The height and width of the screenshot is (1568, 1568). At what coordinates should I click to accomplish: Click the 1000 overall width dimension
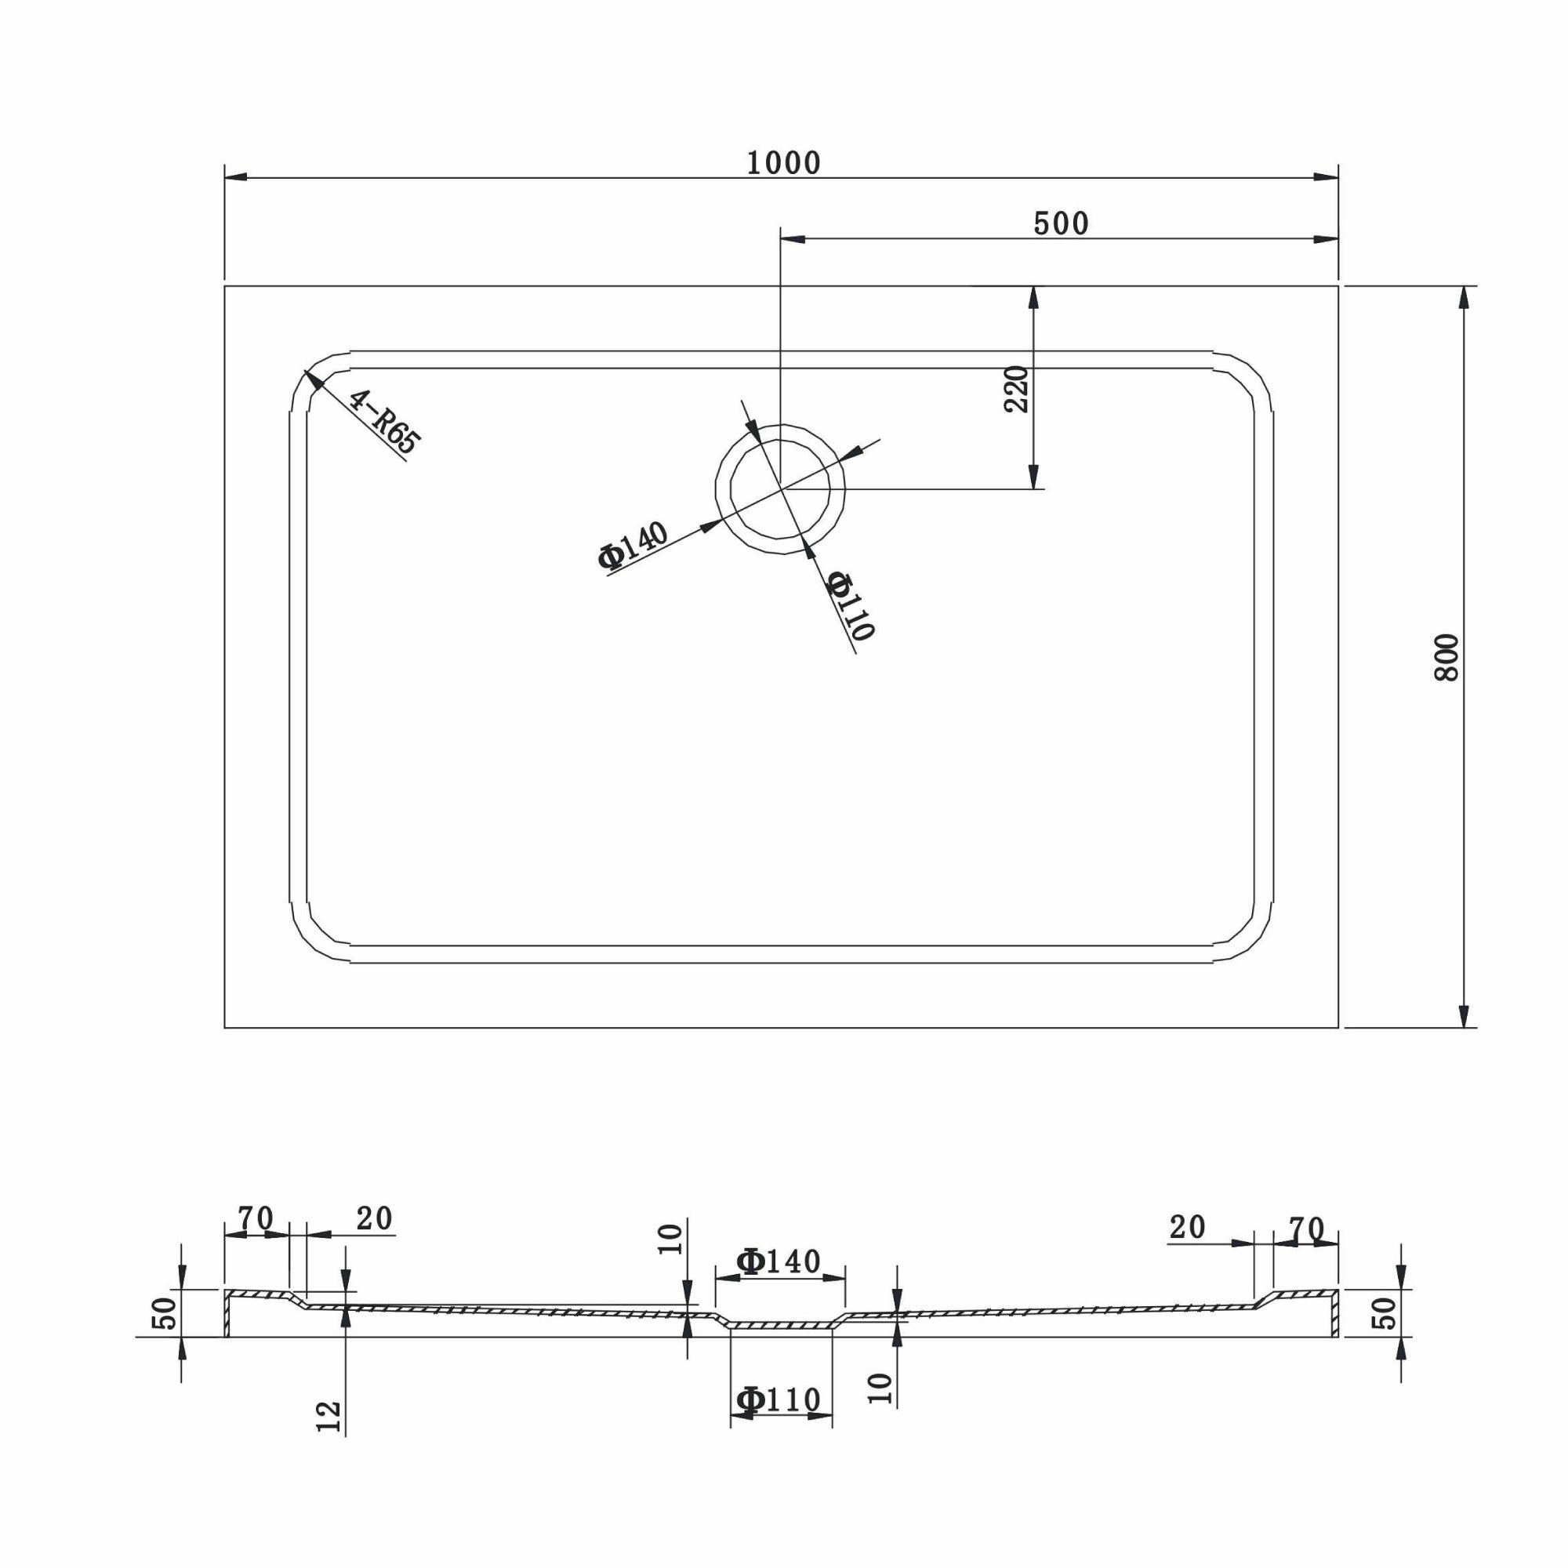[x=783, y=163]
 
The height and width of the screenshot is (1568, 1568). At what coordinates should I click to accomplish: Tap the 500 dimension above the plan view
[x=1061, y=223]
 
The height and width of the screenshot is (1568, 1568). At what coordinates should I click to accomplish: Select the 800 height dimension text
[x=1447, y=658]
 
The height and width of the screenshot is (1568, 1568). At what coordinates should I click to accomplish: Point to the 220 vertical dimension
[x=1016, y=390]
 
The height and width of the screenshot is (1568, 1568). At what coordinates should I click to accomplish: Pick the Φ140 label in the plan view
[x=633, y=545]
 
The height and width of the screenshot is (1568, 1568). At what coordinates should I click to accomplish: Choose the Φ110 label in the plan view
[x=850, y=605]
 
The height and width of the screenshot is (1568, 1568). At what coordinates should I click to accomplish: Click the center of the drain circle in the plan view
[x=780, y=489]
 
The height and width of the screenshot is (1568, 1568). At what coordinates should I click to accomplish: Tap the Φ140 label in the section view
[x=779, y=1261]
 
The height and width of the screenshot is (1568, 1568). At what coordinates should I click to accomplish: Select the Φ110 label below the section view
[x=779, y=1400]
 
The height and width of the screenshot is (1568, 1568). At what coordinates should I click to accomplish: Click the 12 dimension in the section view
[x=328, y=1416]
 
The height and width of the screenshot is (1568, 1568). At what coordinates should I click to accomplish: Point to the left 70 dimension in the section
[x=255, y=1219]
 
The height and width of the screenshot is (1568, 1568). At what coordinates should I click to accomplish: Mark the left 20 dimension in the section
[x=374, y=1219]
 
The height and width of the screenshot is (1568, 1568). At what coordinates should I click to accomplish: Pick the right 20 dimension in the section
[x=1187, y=1228]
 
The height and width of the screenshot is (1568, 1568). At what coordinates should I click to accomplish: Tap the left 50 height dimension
[x=165, y=1313]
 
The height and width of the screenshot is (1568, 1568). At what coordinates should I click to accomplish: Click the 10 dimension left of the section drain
[x=671, y=1240]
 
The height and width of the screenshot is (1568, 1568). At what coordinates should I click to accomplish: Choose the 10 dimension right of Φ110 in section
[x=880, y=1389]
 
